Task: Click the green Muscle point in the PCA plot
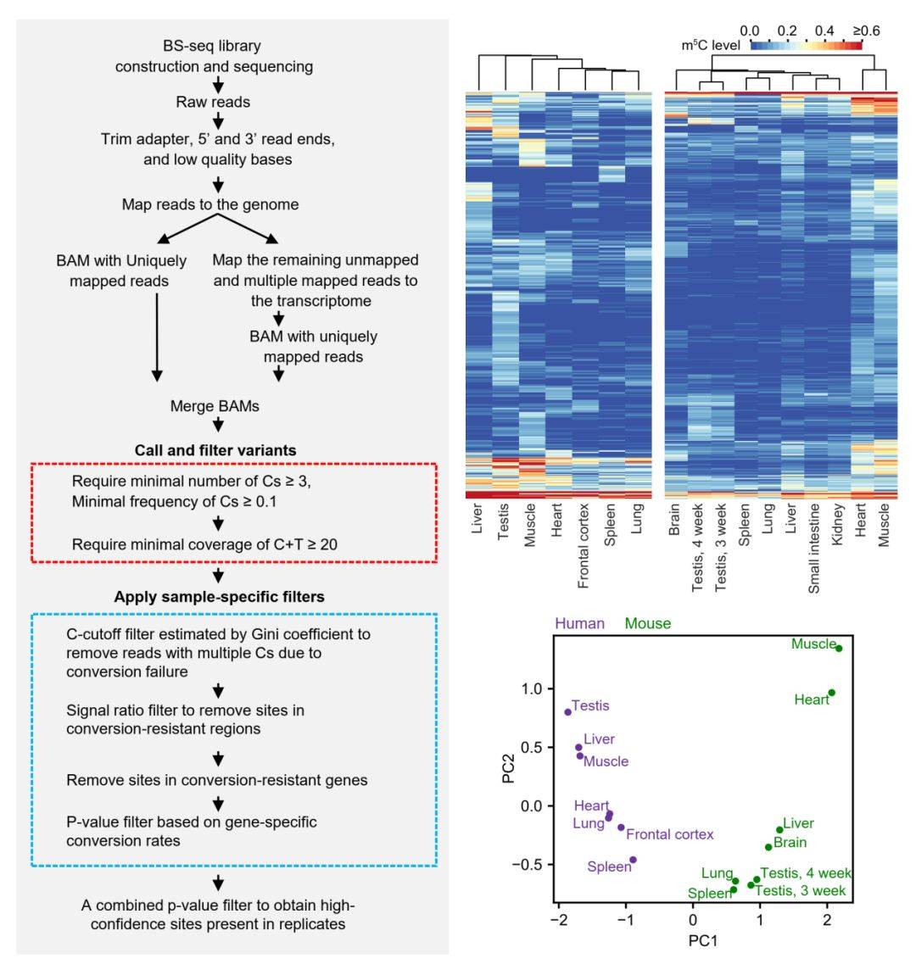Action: pos(839,648)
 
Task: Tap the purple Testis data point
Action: pos(567,712)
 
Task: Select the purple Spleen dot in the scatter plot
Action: pos(633,860)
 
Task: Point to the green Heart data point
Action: pos(832,693)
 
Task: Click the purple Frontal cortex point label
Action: pos(670,834)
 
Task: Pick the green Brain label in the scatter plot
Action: pos(790,843)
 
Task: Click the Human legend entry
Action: pos(580,623)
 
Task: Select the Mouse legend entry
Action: pos(649,623)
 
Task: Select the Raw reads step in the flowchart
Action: pos(218,102)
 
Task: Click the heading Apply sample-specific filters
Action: pos(219,596)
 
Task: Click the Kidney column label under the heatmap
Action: pos(838,527)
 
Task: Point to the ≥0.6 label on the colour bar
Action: pos(866,31)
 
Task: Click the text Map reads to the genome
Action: pos(210,204)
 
